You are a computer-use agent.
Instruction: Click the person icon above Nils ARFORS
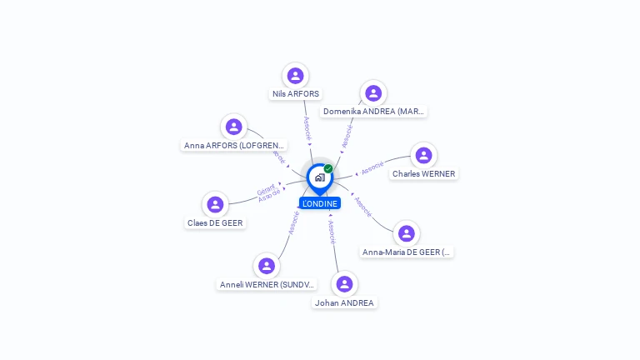tap(295, 76)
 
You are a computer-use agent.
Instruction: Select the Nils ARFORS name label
tap(296, 94)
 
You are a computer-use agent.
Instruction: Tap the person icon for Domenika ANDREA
tap(373, 93)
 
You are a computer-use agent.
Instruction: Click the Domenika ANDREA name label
tap(373, 111)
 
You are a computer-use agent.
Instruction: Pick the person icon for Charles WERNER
tap(423, 156)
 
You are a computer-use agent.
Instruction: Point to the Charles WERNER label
tap(423, 174)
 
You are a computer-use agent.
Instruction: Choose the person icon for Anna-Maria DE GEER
tap(406, 233)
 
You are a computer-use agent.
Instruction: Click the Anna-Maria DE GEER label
tap(407, 252)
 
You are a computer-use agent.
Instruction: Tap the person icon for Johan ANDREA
tap(344, 284)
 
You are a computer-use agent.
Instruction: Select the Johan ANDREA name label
tap(344, 302)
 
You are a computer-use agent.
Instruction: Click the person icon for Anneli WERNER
tap(267, 266)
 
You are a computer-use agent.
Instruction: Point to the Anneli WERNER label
tap(267, 284)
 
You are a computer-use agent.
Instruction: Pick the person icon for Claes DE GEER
tap(215, 204)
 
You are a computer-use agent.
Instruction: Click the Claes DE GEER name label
tap(216, 222)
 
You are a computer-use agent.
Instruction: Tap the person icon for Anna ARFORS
tap(234, 127)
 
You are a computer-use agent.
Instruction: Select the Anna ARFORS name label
tap(234, 145)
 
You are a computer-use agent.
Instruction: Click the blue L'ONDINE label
tap(320, 203)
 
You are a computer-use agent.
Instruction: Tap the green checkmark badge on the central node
tap(328, 169)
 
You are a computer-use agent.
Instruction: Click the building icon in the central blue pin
tap(319, 177)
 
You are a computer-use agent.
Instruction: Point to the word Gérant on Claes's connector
tap(265, 190)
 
